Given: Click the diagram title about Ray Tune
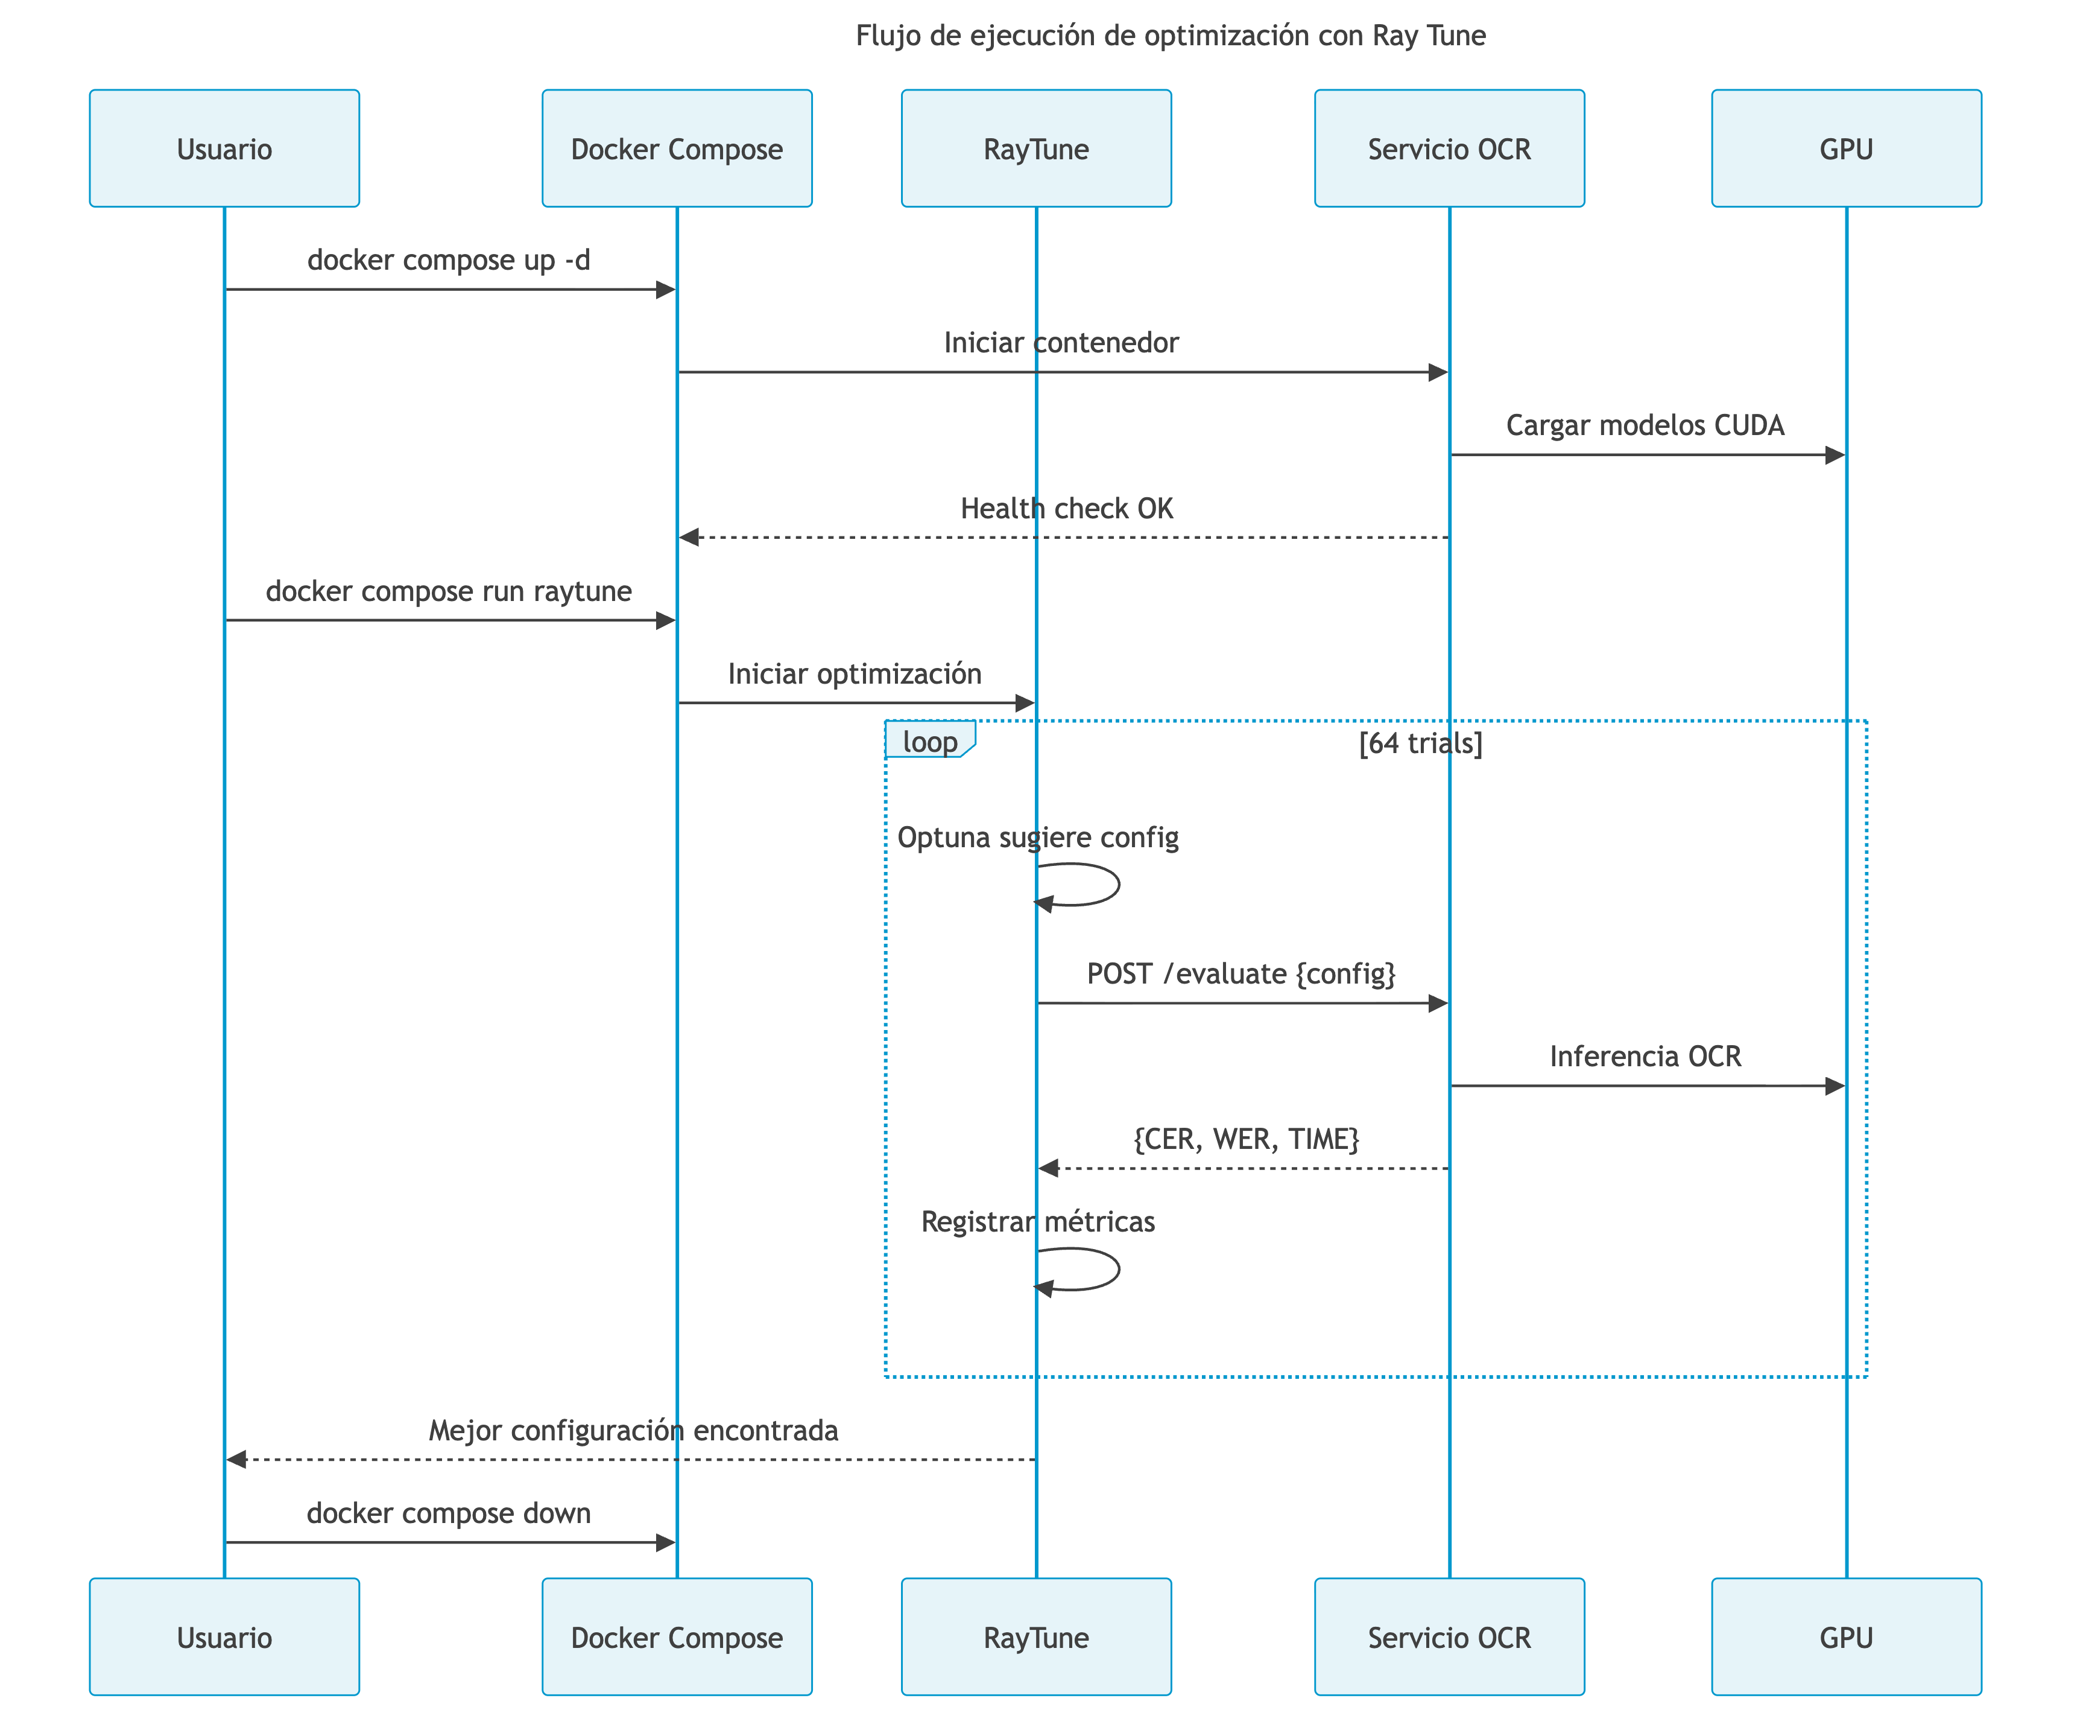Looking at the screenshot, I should (1170, 36).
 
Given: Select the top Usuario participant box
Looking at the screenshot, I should (224, 149).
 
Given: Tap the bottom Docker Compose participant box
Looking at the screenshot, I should (677, 1638).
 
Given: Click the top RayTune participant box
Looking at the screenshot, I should (1036, 149).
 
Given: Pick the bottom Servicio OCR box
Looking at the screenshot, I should (1449, 1638).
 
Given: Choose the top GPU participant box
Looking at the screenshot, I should (1845, 149).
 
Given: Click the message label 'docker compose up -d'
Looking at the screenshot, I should (448, 260).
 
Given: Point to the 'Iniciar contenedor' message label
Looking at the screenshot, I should (1061, 343).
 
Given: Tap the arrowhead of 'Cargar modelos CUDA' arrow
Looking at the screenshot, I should (1835, 455).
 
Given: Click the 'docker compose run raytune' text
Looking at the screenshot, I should (448, 591).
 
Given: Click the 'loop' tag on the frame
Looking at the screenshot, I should (930, 741).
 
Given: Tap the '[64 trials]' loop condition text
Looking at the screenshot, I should (1420, 743).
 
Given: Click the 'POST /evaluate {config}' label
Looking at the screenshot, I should (1241, 974).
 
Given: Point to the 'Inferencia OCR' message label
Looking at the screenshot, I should (1645, 1056).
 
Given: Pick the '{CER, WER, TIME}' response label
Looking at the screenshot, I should (1246, 1139).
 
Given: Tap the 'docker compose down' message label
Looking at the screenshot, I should (448, 1513).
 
